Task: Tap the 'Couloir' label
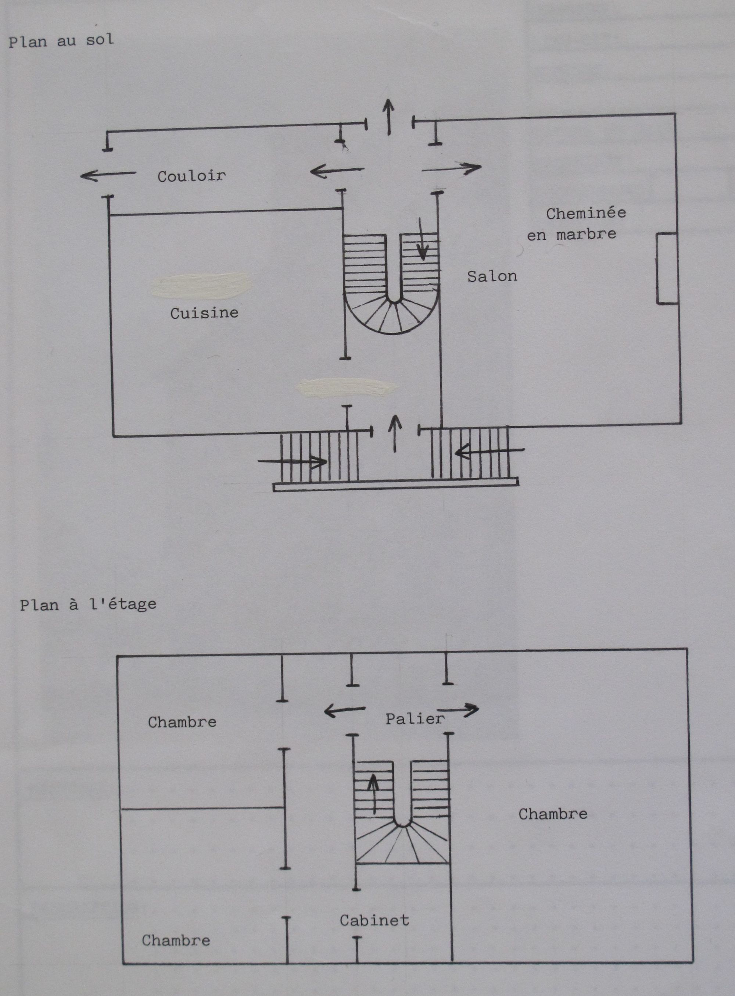click(191, 176)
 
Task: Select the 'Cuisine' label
click(204, 313)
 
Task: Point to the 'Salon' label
click(492, 276)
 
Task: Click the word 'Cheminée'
click(586, 213)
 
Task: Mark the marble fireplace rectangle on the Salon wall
click(667, 268)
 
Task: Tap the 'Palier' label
click(415, 719)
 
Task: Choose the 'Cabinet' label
click(374, 920)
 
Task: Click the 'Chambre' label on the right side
click(553, 814)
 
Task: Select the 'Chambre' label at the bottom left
click(176, 940)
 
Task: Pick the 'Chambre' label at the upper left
click(182, 721)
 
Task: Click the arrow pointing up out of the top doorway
click(389, 117)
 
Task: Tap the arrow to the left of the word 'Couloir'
click(108, 175)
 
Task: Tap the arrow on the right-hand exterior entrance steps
click(490, 452)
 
